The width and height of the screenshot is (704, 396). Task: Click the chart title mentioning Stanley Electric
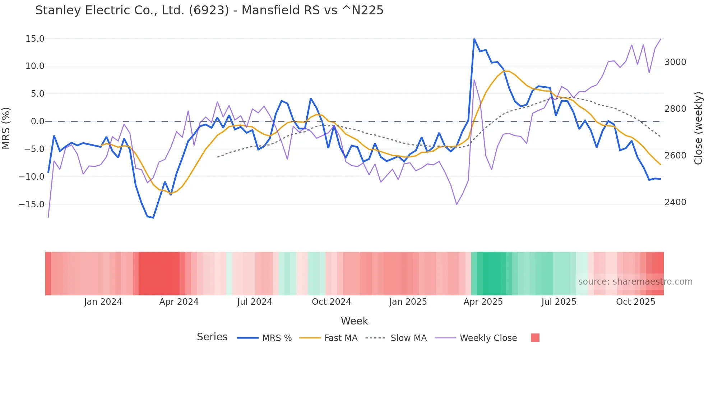coord(209,10)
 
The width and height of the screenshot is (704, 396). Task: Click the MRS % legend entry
coord(277,338)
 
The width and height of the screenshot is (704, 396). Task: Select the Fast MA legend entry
coord(341,338)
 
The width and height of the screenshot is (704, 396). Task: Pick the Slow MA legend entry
coord(408,338)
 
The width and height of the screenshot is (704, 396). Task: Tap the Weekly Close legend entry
coord(488,338)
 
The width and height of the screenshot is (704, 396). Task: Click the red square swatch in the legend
coord(535,338)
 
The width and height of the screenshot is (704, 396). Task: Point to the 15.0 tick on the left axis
coord(35,39)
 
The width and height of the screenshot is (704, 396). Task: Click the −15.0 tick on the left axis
coord(32,204)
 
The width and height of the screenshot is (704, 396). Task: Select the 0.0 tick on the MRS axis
coord(37,121)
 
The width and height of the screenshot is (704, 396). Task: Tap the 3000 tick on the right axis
coord(675,62)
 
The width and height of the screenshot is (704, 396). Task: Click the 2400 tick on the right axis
coord(675,202)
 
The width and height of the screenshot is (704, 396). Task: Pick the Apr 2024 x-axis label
coord(179,302)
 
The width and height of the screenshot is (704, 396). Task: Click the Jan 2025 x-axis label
coord(408,302)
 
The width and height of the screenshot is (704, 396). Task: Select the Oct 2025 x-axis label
coord(635,302)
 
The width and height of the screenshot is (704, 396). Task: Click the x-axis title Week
coord(354,321)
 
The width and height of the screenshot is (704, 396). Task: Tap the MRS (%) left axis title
coord(6,128)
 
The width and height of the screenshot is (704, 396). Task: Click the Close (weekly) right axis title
coord(698,128)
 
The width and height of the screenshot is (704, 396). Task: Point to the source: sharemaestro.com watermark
coord(635,282)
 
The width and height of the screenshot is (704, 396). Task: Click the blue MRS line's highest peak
coord(474,39)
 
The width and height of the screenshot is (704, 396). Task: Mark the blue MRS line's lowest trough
coord(153,218)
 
